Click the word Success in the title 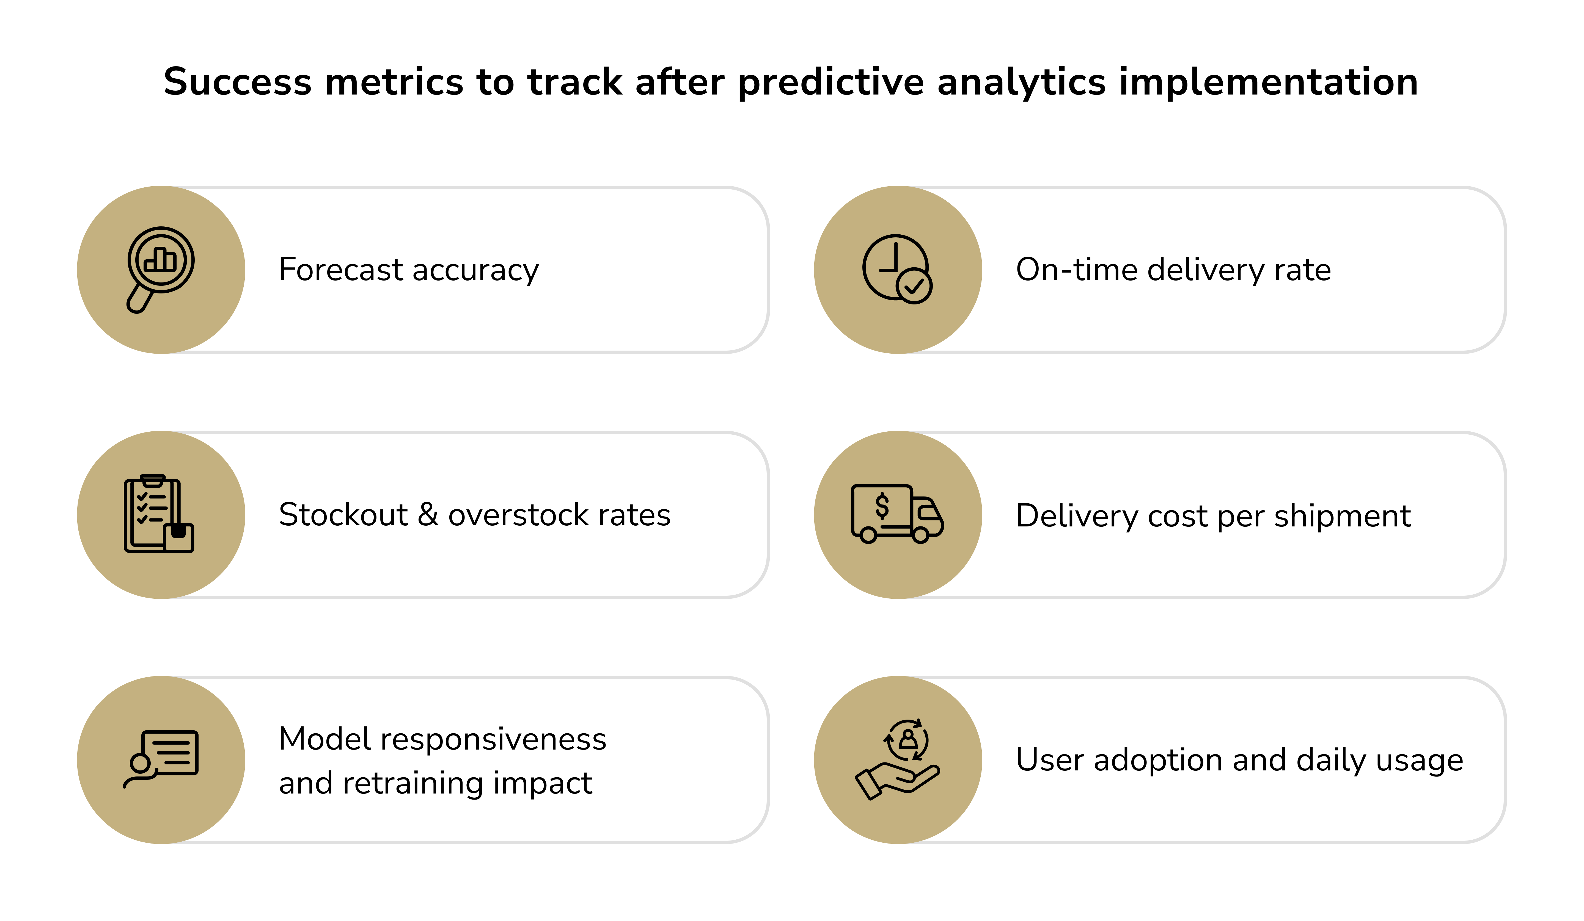237,82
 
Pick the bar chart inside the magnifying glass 160,259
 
